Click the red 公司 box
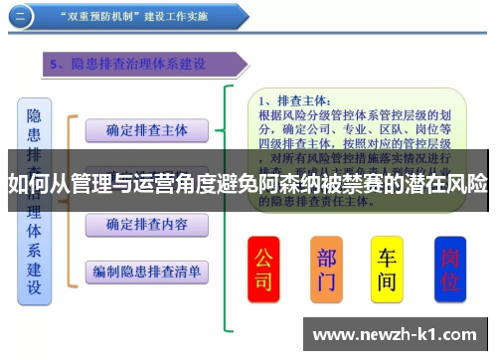[x=263, y=269]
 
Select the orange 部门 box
[x=325, y=269]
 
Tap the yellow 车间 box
[x=386, y=269]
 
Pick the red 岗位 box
[x=449, y=269]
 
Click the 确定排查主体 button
[x=146, y=129]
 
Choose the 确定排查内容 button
[x=146, y=224]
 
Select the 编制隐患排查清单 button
[x=146, y=270]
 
